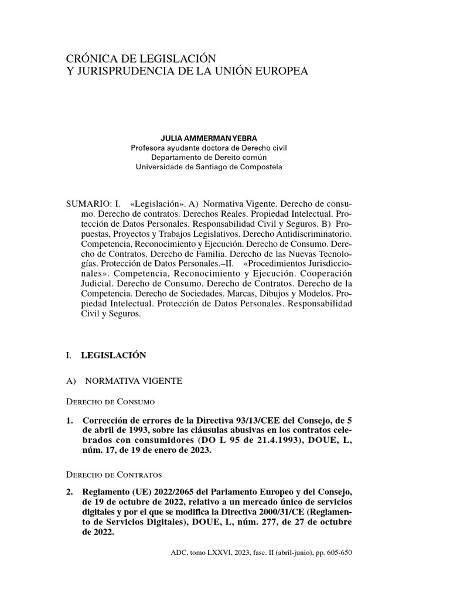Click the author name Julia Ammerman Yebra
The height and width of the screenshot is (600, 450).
click(209, 138)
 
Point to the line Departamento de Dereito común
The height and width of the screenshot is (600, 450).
click(209, 157)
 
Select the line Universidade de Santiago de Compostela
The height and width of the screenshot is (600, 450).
click(209, 167)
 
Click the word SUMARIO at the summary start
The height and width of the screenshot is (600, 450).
click(90, 203)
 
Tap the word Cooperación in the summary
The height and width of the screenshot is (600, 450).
click(323, 273)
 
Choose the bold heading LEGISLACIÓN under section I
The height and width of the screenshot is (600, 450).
click(113, 355)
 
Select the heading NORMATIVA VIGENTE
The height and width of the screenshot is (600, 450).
click(134, 381)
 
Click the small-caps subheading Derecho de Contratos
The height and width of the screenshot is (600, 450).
click(114, 474)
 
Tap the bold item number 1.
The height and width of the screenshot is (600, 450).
click(70, 421)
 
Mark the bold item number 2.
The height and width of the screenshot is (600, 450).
click(70, 490)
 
